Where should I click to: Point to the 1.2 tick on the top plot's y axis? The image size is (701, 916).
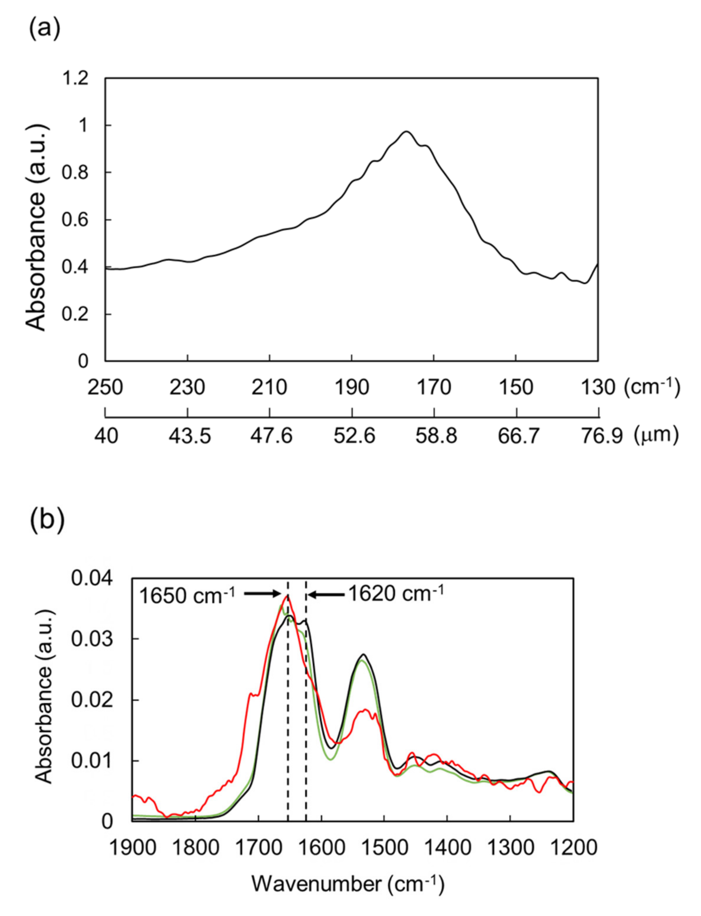click(75, 78)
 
